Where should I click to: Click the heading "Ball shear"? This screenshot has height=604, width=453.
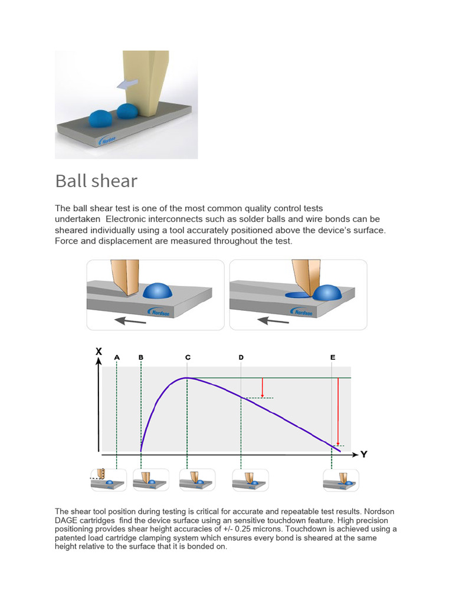pos(96,180)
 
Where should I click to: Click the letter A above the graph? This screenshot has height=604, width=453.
pos(117,357)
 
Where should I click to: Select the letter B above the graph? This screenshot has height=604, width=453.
pos(141,357)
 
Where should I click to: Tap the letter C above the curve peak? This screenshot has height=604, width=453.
pos(188,357)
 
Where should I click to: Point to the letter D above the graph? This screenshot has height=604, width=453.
pos(241,357)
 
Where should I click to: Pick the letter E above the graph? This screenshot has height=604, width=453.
pos(333,357)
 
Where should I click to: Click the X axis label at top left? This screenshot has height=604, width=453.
pos(99,352)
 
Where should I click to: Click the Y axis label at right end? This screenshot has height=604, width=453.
pos(364,455)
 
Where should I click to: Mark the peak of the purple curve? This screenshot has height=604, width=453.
pos(187,377)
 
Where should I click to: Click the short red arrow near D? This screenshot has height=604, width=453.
pos(262,388)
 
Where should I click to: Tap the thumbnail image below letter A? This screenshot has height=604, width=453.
pos(107,480)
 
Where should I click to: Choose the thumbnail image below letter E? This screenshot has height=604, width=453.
pos(340,480)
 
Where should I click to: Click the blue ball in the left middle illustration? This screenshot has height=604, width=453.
pos(156,290)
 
